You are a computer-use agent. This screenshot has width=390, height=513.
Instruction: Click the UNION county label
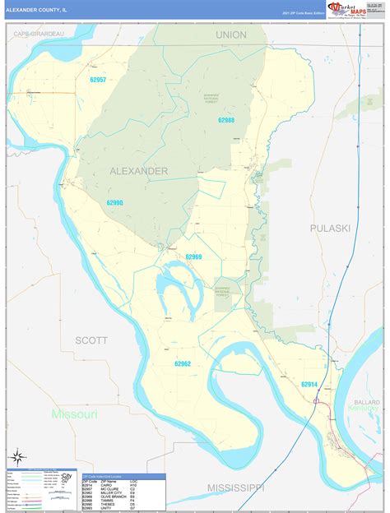(231, 35)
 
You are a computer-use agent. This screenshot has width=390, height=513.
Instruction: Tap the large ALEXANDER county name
(138, 171)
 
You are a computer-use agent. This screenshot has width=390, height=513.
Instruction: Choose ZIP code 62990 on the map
(114, 202)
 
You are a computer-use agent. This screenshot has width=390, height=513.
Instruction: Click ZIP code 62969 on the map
(193, 256)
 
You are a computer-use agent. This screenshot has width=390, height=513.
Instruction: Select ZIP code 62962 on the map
(183, 363)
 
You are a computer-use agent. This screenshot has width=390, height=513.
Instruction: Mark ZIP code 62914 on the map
(309, 384)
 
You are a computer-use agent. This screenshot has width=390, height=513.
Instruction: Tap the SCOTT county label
(91, 339)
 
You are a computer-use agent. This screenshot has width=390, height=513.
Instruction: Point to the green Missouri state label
(75, 414)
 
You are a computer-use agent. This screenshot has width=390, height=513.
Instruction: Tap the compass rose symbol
(17, 457)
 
